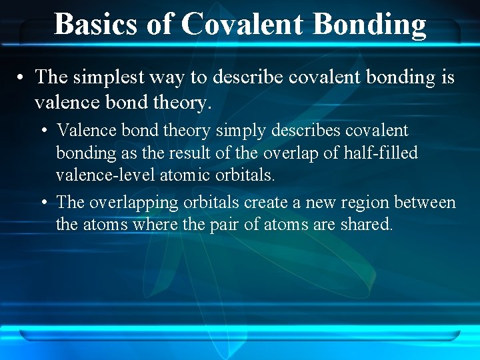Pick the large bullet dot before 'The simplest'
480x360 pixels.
(x=22, y=78)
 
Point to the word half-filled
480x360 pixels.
(x=379, y=153)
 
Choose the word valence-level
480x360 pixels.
(x=97, y=175)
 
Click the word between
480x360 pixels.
(x=425, y=202)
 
